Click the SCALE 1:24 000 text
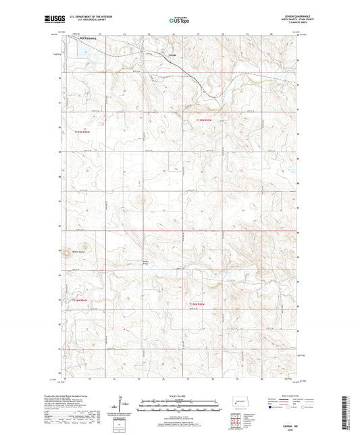pyautogui.click(x=179, y=396)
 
